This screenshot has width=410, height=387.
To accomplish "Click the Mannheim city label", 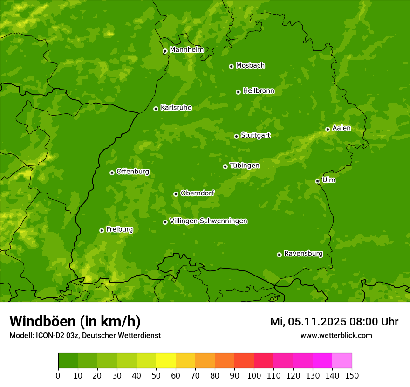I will [186, 49].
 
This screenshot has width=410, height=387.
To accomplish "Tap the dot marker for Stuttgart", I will [236, 136].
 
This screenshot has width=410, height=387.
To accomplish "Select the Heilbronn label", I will [259, 91].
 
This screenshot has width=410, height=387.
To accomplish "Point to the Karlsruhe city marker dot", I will [156, 109].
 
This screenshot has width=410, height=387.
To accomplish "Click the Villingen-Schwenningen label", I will [208, 221].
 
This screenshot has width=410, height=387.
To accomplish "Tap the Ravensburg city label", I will [303, 254].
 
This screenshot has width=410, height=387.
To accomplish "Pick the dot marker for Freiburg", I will [102, 230].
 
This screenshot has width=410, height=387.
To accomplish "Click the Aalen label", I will [342, 128].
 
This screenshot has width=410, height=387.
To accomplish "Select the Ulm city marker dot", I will [317, 181].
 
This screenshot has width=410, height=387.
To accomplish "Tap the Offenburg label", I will [133, 172].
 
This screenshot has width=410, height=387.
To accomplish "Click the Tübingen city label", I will [245, 166].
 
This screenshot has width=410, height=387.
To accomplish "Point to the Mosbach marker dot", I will [231, 66].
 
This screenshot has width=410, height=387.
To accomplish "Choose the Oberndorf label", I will [197, 193].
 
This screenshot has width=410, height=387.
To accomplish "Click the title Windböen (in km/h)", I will [75, 321].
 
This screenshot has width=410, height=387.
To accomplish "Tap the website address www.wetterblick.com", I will [336, 335].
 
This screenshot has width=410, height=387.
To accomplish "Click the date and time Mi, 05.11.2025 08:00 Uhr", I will [334, 322].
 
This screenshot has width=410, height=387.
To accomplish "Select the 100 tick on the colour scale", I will [254, 375].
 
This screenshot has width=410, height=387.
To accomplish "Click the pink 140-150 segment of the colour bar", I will [342, 361].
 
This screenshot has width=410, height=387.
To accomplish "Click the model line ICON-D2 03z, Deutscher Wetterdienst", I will [85, 335].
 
